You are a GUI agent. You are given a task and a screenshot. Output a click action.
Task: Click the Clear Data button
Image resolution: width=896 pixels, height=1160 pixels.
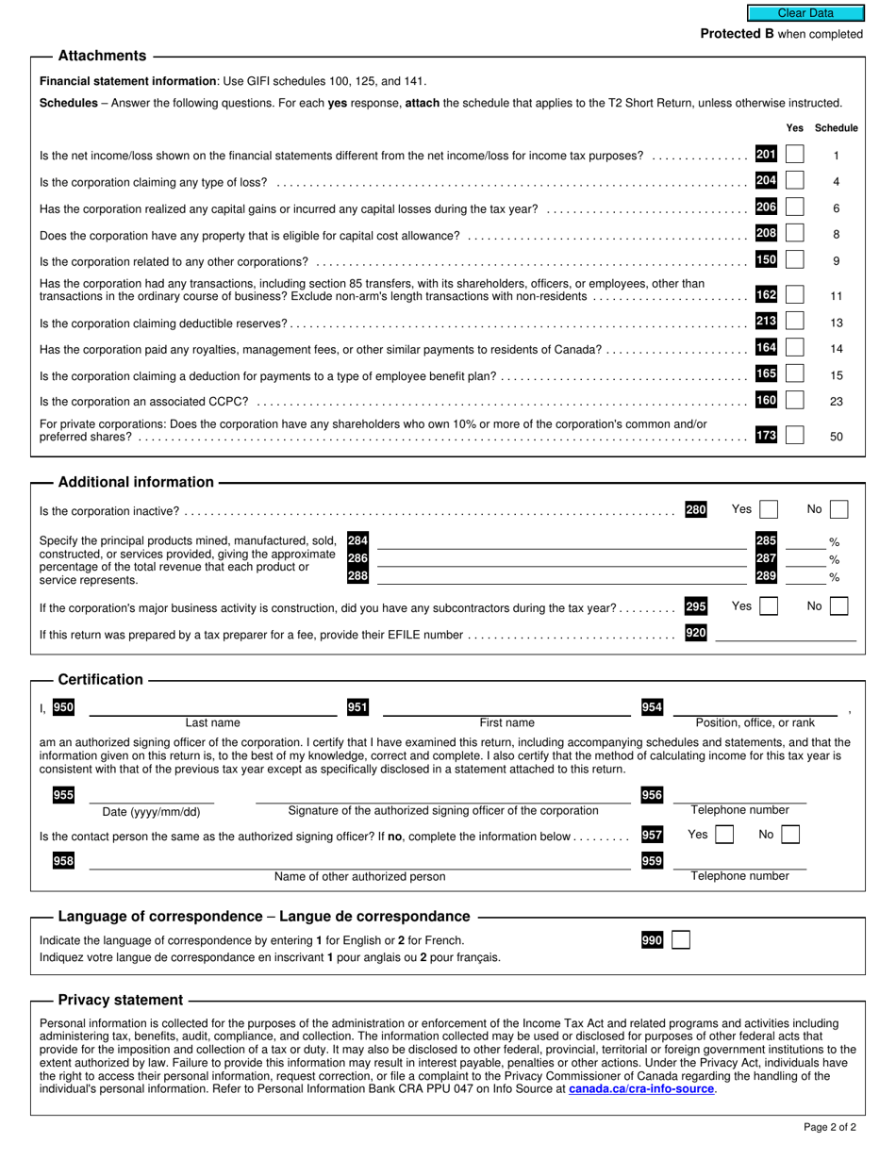click(x=805, y=13)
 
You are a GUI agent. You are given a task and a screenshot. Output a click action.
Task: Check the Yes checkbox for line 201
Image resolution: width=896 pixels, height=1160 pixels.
click(x=795, y=155)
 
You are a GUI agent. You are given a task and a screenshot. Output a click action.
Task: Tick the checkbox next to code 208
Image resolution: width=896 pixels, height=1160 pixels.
click(x=795, y=234)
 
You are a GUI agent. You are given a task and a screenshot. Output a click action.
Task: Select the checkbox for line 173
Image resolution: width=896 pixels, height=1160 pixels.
click(x=795, y=436)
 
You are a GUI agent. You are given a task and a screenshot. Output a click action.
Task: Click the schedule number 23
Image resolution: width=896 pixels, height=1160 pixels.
click(x=836, y=402)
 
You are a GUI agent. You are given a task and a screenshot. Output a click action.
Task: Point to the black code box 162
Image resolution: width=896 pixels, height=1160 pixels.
click(x=766, y=295)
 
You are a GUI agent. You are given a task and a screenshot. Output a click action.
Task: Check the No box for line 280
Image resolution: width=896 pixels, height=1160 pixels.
click(x=838, y=510)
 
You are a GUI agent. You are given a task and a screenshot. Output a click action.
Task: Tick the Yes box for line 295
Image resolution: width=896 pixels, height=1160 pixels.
click(x=769, y=606)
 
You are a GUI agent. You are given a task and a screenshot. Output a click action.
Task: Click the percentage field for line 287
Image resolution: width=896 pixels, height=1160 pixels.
click(x=805, y=558)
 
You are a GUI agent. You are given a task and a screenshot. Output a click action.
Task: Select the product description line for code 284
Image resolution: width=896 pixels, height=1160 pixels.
click(x=561, y=541)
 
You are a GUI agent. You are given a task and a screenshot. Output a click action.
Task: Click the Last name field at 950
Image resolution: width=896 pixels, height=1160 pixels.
click(x=212, y=708)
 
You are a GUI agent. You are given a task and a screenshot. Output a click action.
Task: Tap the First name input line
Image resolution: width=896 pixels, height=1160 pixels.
click(x=506, y=708)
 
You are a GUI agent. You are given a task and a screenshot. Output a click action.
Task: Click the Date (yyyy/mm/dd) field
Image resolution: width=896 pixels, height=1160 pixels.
click(x=151, y=797)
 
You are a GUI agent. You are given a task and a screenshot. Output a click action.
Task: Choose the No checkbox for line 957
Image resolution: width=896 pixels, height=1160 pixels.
click(x=791, y=835)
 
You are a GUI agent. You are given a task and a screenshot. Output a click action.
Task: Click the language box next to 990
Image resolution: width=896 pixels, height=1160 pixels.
click(x=680, y=940)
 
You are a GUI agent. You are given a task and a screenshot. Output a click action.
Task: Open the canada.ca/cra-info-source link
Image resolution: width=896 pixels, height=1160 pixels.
click(x=641, y=1089)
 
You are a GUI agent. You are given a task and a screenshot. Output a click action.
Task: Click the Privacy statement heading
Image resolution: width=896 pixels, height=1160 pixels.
click(x=120, y=1000)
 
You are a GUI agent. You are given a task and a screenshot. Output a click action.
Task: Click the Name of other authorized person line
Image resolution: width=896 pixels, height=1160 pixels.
click(x=359, y=862)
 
